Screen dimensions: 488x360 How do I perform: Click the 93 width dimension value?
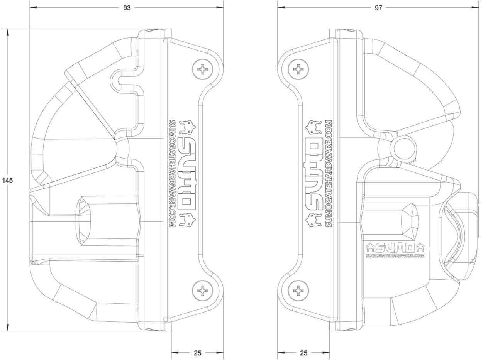[x=127, y=8]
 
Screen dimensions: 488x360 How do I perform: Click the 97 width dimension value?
[x=378, y=8]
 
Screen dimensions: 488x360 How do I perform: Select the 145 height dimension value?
[x=7, y=181]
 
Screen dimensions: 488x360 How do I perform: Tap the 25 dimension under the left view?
[x=197, y=353]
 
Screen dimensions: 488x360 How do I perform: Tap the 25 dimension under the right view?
[x=303, y=353]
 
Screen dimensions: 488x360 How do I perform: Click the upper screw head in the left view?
[x=203, y=69]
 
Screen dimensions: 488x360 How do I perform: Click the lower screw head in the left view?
[x=203, y=291]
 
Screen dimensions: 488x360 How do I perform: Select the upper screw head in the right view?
[x=298, y=69]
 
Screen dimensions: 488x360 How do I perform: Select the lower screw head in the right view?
[x=298, y=291]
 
